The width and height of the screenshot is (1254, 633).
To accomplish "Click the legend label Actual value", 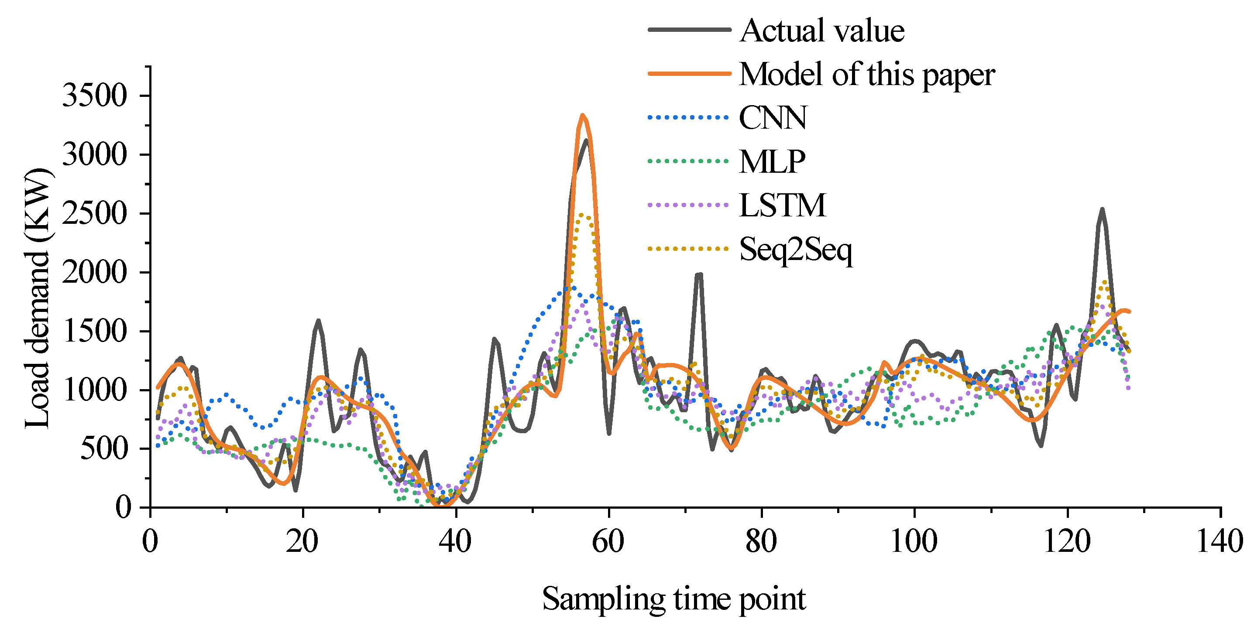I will [x=822, y=31].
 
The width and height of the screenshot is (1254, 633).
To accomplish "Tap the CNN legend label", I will [x=773, y=118].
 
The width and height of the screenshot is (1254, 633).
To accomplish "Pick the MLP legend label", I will [x=772, y=161].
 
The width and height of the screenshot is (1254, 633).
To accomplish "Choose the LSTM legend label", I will [x=782, y=205].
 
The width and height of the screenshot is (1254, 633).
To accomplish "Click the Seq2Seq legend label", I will [x=796, y=250].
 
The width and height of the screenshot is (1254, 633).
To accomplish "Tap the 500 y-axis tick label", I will [x=103, y=448].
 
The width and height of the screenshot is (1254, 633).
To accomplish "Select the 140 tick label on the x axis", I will [x=1220, y=541].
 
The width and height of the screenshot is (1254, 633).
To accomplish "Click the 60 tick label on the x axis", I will [x=608, y=541].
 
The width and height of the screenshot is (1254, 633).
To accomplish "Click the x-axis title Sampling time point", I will [x=674, y=599].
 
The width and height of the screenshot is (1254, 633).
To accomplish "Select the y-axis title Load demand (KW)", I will [x=38, y=298].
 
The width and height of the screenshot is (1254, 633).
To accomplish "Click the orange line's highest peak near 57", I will [x=582, y=115].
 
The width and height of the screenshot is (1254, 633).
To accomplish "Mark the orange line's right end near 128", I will [x=1129, y=311].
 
